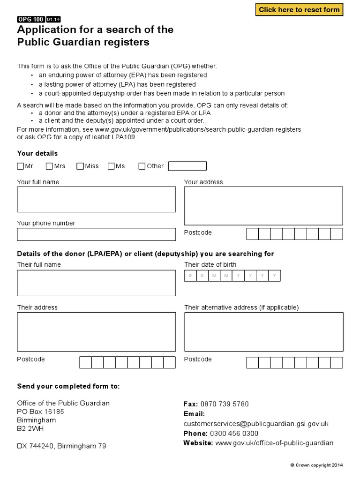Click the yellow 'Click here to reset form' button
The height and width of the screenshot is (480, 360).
[299, 10]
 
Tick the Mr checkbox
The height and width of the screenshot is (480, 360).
[20, 166]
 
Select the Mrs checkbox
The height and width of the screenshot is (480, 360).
[49, 166]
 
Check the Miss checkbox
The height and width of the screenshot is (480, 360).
[80, 166]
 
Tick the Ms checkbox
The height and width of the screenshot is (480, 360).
[111, 166]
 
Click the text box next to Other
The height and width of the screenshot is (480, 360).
[187, 166]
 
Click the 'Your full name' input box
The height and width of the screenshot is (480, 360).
[96, 199]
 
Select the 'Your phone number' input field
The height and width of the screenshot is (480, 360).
[96, 234]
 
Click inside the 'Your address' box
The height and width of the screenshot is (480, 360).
[263, 206]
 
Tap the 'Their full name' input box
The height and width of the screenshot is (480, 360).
[96, 283]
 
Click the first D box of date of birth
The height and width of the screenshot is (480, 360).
[190, 276]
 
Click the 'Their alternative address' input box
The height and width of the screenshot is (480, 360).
[263, 331]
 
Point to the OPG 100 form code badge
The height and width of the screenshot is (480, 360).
[30, 19]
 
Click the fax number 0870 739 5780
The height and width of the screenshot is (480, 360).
[225, 404]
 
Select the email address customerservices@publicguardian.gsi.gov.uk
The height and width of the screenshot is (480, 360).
[256, 424]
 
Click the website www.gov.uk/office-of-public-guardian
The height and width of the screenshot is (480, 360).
[274, 443]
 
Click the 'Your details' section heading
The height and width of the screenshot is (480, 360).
[37, 153]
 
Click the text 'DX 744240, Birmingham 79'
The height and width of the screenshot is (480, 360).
[61, 446]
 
